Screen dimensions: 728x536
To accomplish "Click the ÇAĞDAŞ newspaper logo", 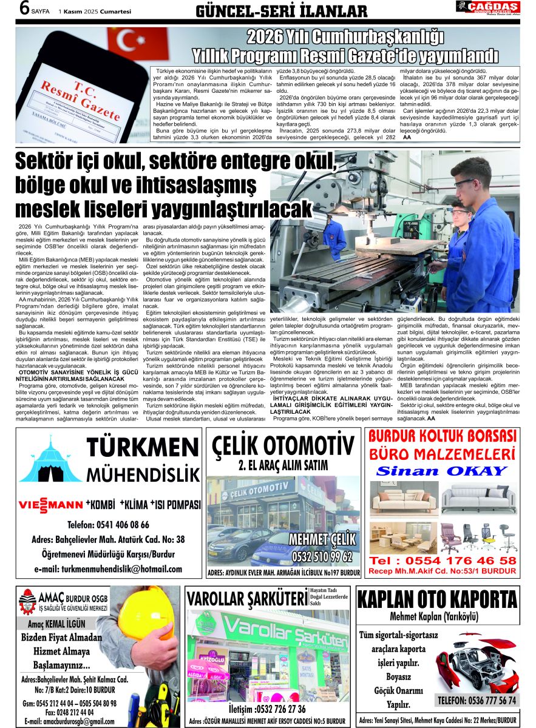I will click(x=488, y=8).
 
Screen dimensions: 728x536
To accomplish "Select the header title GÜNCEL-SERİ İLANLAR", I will click(x=282, y=11).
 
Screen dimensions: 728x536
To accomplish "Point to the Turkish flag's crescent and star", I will click(x=127, y=39).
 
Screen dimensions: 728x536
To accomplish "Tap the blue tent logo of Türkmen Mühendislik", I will click(x=50, y=460).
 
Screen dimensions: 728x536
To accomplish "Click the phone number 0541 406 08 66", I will click(x=108, y=525).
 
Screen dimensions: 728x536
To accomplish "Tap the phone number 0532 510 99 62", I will click(x=322, y=556).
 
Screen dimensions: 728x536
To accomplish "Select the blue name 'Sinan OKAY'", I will click(x=441, y=471).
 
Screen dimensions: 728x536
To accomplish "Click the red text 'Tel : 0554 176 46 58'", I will click(x=443, y=561).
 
